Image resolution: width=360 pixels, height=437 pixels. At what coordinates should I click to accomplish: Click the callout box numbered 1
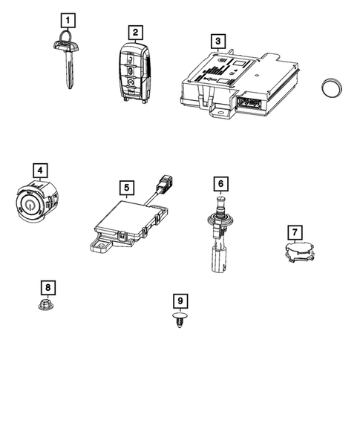68,20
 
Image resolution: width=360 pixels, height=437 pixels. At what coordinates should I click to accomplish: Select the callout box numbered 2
134,32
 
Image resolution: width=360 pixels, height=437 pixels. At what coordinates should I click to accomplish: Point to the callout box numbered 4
39,171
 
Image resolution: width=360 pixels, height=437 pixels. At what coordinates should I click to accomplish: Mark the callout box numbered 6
220,182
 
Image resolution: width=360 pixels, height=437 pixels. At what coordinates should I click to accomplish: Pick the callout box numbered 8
48,287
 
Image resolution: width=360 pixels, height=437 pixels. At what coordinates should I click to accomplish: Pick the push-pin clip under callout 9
179,325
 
